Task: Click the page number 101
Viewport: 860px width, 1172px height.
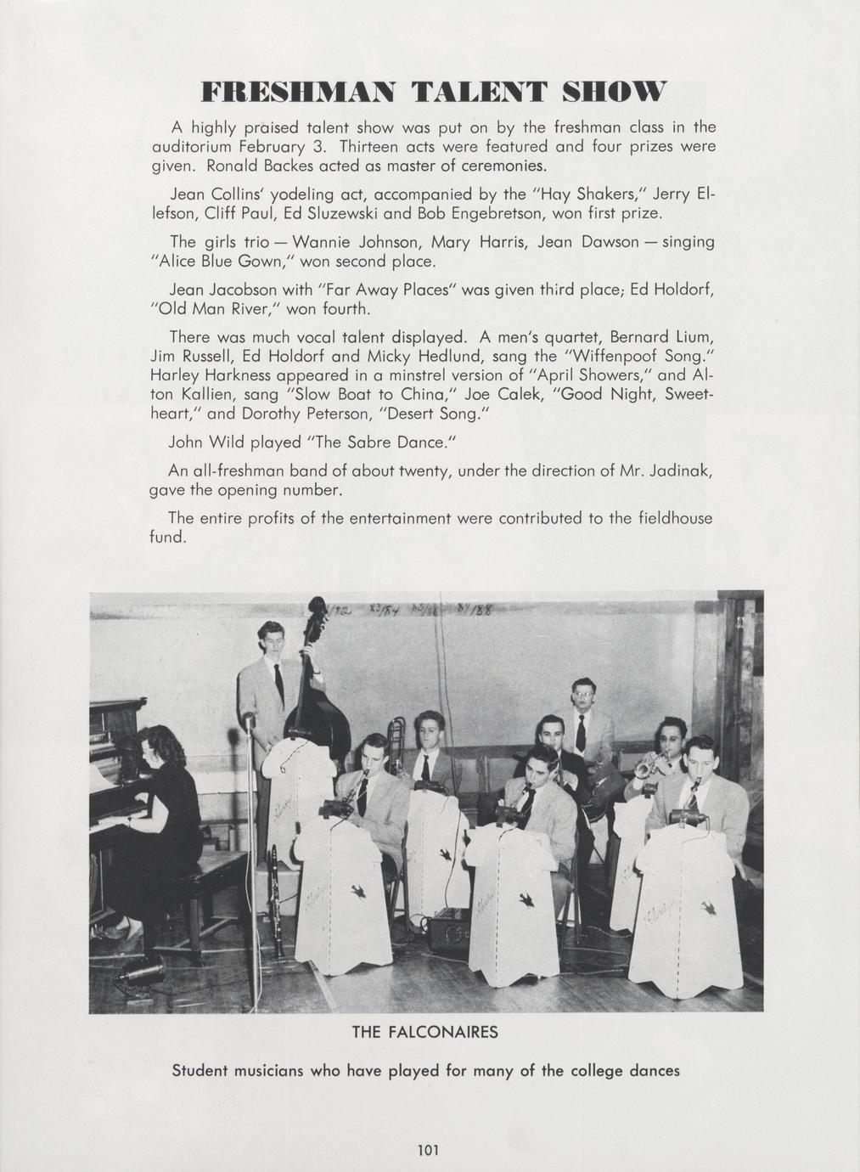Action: click(x=428, y=1150)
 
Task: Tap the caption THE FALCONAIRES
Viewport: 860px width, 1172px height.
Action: click(x=424, y=1033)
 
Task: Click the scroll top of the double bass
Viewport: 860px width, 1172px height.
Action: click(x=317, y=606)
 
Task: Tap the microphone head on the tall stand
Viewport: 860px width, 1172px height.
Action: click(x=249, y=722)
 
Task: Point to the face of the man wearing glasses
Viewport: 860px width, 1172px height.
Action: click(x=583, y=696)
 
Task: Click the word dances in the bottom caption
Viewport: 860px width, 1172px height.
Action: click(x=654, y=1070)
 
